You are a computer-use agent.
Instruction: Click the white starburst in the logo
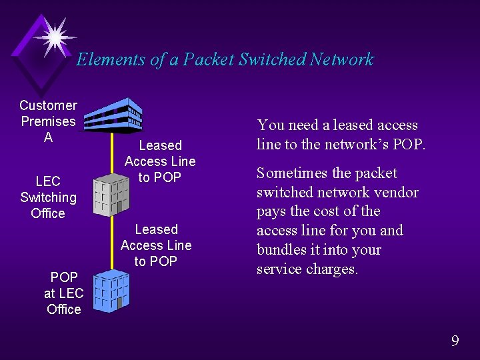pos(54,35)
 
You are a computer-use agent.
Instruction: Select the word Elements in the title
pos(110,60)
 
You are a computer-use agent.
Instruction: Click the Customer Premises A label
pos(48,121)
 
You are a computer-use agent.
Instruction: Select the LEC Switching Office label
pos(48,197)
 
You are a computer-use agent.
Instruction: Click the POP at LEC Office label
pos(63,293)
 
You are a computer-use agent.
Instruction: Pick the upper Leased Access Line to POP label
pos(160,161)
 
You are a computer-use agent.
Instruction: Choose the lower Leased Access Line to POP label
pos(156,245)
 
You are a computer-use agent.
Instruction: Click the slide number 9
pos(455,341)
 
